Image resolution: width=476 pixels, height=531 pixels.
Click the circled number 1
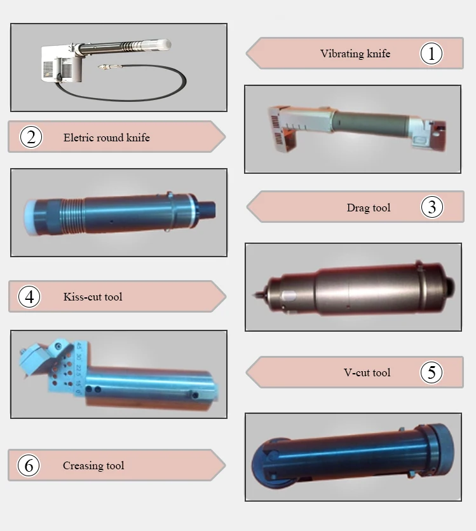click(432, 53)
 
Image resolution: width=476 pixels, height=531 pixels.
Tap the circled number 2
click(31, 137)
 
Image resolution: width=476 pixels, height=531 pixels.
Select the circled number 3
click(432, 207)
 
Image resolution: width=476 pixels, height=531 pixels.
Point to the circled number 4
click(29, 297)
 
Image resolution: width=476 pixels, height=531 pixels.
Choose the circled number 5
click(432, 372)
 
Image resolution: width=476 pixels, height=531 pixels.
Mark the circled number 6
click(29, 465)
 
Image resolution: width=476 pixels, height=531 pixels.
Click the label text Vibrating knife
click(355, 53)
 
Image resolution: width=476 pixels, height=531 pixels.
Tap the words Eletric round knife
click(107, 138)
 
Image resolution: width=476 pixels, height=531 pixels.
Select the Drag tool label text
click(369, 208)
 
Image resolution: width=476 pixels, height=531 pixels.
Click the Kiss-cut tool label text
click(93, 297)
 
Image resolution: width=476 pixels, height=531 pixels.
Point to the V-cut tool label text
click(367, 372)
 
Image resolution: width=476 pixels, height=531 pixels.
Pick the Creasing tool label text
click(93, 465)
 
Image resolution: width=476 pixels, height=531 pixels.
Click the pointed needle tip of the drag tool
click(254, 295)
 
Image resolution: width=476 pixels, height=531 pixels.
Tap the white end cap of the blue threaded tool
click(30, 217)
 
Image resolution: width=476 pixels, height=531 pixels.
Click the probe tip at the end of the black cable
click(110, 67)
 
